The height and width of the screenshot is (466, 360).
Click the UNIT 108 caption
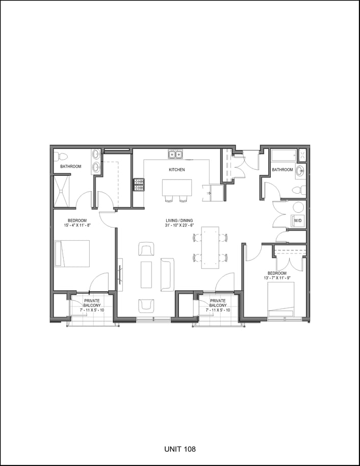click(x=180, y=449)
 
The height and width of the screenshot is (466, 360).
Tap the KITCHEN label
click(x=177, y=170)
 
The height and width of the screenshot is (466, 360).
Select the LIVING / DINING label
click(x=179, y=221)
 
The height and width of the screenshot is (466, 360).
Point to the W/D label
click(x=298, y=221)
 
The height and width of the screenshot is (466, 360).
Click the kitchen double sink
click(x=175, y=154)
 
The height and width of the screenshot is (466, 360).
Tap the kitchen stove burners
click(x=138, y=185)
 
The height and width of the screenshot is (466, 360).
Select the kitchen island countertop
click(x=177, y=188)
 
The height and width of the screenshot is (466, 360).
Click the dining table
click(x=210, y=248)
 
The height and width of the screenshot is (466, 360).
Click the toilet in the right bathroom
click(x=299, y=190)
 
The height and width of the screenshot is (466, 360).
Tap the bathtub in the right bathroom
click(x=284, y=156)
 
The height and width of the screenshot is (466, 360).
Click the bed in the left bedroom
click(x=72, y=253)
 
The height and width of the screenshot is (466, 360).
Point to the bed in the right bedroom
click(x=281, y=300)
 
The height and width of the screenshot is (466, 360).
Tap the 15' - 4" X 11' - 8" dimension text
click(x=77, y=225)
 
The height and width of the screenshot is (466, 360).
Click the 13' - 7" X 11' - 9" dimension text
click(x=277, y=278)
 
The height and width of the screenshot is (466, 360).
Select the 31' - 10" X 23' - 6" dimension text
click(x=179, y=225)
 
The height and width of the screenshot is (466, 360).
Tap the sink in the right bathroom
click(x=301, y=171)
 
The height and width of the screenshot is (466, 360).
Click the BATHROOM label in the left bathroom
click(x=71, y=166)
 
